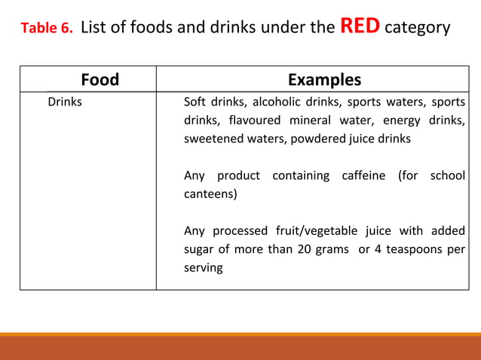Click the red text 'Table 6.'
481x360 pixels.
tap(46, 29)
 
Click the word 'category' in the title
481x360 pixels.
tap(417, 29)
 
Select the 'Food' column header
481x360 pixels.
tap(100, 80)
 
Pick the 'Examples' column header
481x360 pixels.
tap(324, 80)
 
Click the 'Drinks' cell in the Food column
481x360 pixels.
tap(65, 101)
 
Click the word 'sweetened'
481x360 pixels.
tap(212, 139)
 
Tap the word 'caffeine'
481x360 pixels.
tap(363, 175)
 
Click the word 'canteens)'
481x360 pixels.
tap(210, 195)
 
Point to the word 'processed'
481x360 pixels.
tap(239, 230)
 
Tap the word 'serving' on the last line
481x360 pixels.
tap(203, 268)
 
